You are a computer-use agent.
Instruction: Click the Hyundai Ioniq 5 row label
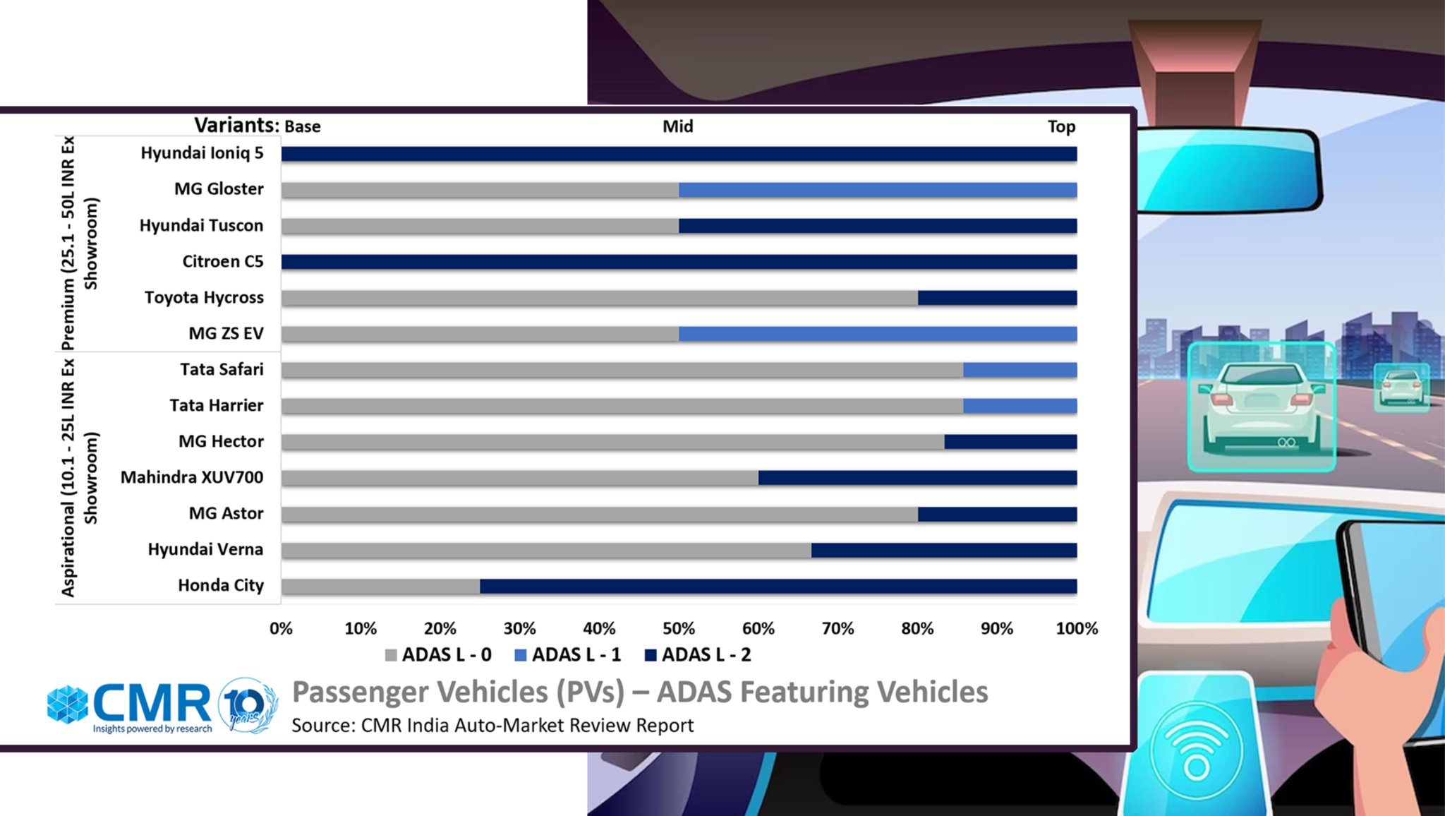pos(202,153)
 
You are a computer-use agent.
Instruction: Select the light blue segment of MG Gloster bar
pos(877,190)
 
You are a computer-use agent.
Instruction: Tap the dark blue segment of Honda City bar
pos(778,586)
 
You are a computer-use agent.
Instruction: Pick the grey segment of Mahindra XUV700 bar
pos(519,478)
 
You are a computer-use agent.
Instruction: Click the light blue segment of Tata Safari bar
pos(1020,370)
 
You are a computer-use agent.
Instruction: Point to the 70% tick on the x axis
pos(838,628)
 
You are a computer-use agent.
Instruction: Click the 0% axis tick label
pos(281,628)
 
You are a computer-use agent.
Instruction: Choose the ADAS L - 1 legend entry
pos(568,655)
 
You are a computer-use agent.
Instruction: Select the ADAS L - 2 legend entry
pos(698,655)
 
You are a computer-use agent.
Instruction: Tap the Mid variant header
pos(677,126)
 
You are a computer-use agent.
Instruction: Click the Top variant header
pos(1060,127)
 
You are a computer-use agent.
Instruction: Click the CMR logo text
pos(151,702)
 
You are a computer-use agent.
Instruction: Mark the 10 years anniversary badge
pos(246,705)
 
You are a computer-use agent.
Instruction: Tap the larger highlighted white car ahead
pos(1260,406)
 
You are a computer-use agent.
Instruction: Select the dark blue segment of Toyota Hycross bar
pos(997,298)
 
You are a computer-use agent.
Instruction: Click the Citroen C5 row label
pos(222,262)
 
